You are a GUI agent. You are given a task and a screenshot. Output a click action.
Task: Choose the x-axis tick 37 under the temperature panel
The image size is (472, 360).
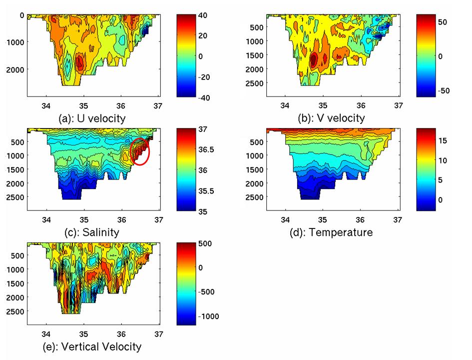pos(398,219)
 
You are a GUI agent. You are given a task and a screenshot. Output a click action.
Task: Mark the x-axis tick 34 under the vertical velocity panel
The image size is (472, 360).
pos(46,333)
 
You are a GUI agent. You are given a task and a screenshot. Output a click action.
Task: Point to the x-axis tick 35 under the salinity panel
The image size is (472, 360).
pos(84,219)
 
